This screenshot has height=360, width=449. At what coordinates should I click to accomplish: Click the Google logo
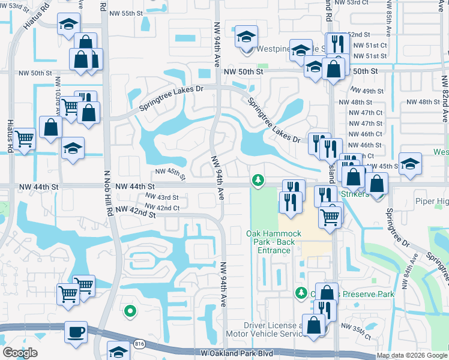pyautogui.click(x=20, y=353)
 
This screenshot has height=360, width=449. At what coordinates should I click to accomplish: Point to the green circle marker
pyautogui.click(x=129, y=311)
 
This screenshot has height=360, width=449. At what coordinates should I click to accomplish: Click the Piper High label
pyautogui.click(x=432, y=202)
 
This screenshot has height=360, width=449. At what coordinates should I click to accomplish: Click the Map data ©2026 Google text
pyautogui.click(x=412, y=355)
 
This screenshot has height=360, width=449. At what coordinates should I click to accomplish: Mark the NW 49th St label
pyautogui.click(x=369, y=91)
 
